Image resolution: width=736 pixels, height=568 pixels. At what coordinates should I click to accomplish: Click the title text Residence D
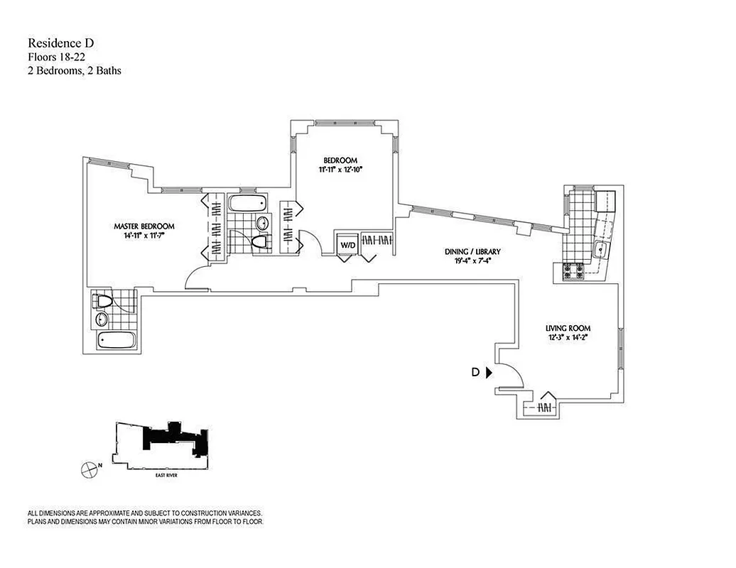coord(60,43)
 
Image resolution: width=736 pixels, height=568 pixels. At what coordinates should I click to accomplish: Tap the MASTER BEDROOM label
coord(144,226)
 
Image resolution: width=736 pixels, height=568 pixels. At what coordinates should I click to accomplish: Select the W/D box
coord(347,245)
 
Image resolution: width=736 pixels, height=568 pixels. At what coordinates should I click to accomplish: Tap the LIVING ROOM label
coord(568,328)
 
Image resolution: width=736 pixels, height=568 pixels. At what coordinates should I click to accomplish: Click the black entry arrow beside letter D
coord(489,372)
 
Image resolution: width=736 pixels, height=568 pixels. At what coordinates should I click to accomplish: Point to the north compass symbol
coord(90,468)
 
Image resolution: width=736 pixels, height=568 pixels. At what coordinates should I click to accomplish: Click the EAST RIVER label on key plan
coord(166,475)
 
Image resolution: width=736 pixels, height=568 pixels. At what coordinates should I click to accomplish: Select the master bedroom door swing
coord(195,280)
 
